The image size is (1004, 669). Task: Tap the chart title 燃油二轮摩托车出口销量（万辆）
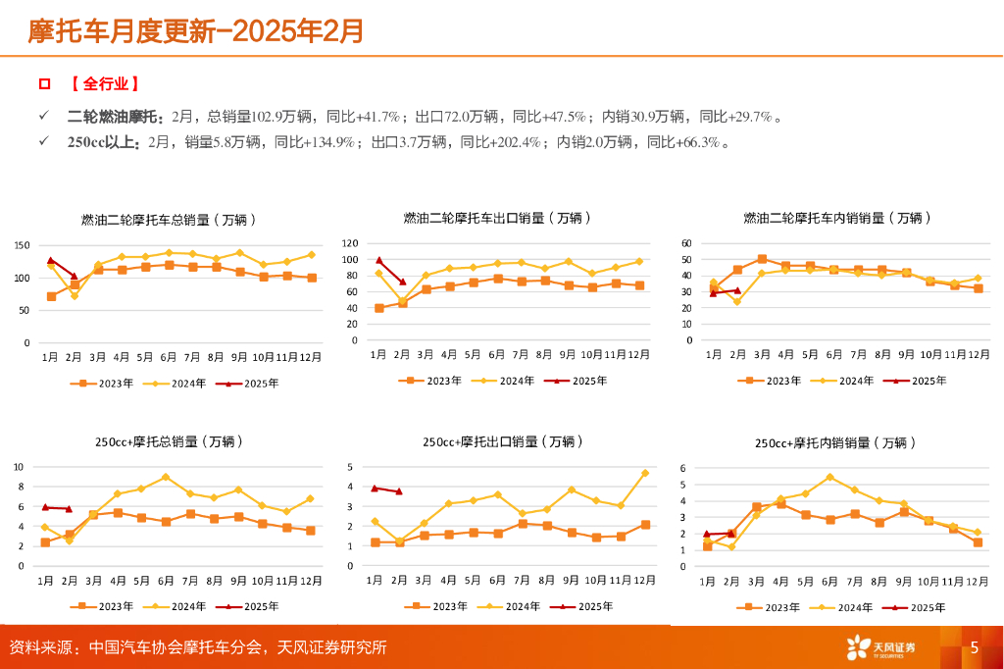click(x=497, y=218)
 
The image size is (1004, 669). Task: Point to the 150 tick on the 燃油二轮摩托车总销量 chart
click(x=21, y=245)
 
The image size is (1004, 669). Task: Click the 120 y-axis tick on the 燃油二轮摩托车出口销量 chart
click(x=348, y=242)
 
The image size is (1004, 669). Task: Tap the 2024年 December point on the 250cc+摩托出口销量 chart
click(x=645, y=473)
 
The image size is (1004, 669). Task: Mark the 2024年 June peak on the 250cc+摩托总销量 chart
click(x=166, y=477)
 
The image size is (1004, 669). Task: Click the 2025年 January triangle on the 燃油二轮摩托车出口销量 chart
click(x=378, y=260)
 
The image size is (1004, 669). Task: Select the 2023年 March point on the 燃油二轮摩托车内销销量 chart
click(x=762, y=259)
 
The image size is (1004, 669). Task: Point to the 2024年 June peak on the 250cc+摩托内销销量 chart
click(x=829, y=477)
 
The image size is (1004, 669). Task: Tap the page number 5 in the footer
click(x=974, y=647)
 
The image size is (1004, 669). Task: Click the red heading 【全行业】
click(x=104, y=84)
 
